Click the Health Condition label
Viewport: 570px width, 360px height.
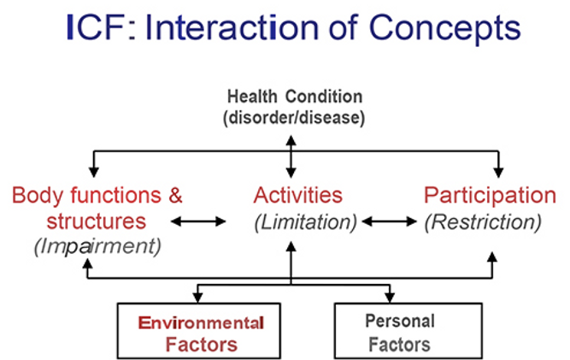coord(293,97)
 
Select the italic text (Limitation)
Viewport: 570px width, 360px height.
coord(305,221)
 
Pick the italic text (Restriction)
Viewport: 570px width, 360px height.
coord(483,221)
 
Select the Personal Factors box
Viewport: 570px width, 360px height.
coord(399,333)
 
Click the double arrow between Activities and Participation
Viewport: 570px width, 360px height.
coord(390,221)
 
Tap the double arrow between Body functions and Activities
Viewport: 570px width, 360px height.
coord(198,221)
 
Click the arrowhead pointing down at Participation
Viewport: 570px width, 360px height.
coord(499,171)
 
